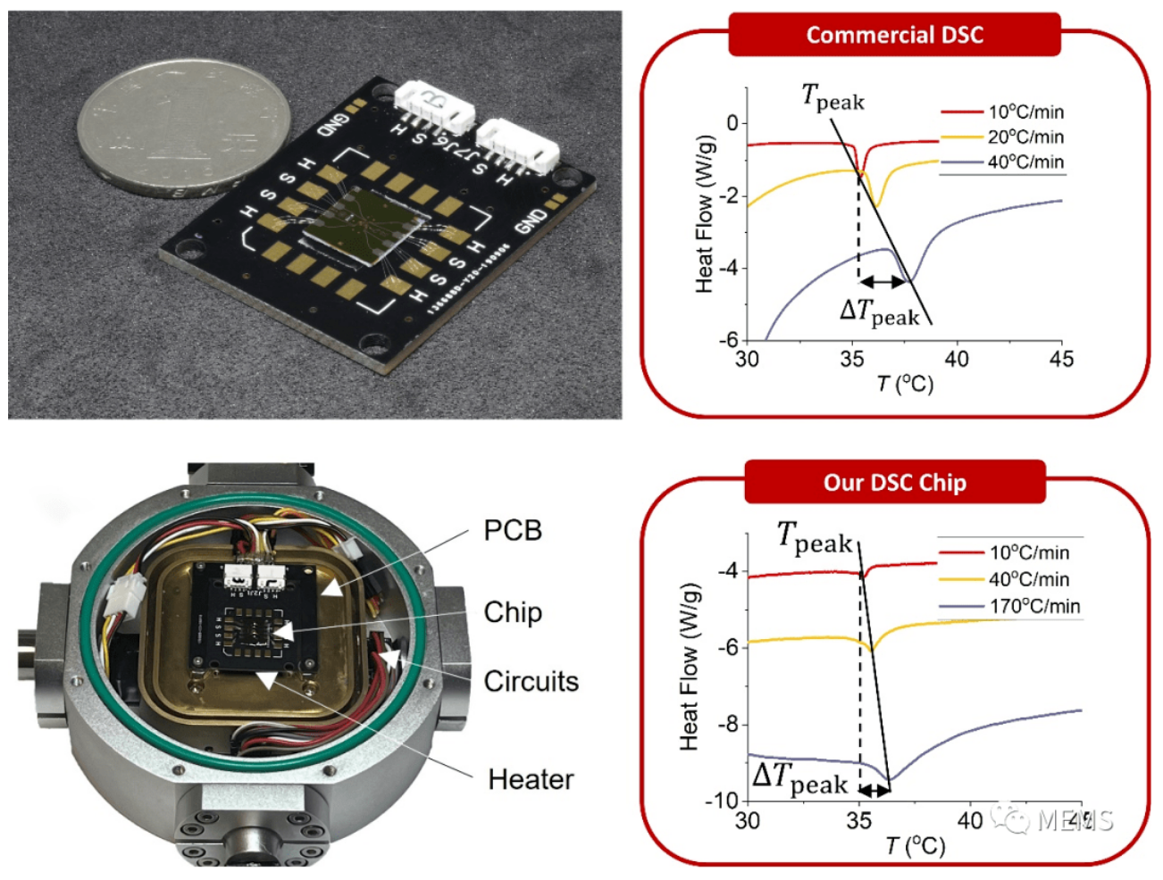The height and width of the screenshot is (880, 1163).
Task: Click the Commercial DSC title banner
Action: pyautogui.click(x=894, y=35)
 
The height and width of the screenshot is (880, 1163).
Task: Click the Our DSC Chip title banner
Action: pyautogui.click(x=894, y=483)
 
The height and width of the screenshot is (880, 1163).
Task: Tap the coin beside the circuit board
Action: pyautogui.click(x=184, y=129)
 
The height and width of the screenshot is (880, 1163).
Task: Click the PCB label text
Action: pyautogui.click(x=513, y=530)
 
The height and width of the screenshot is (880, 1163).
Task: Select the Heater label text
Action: pyautogui.click(x=531, y=779)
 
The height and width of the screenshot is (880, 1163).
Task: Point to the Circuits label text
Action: pyautogui.click(x=531, y=681)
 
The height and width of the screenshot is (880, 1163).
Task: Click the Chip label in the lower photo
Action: pyautogui.click(x=513, y=612)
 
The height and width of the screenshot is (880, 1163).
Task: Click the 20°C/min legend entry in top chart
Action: pyautogui.click(x=1025, y=137)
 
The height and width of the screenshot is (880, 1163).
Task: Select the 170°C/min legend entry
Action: pyautogui.click(x=1033, y=606)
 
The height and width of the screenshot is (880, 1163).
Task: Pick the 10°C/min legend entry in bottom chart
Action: pyautogui.click(x=1028, y=552)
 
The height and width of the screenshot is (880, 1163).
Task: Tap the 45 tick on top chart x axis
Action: pyautogui.click(x=1061, y=359)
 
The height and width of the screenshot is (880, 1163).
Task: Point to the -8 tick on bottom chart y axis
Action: pyautogui.click(x=727, y=724)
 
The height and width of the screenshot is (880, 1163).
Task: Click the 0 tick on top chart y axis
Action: pyautogui.click(x=733, y=122)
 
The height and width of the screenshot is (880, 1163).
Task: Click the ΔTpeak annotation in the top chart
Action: pyautogui.click(x=879, y=311)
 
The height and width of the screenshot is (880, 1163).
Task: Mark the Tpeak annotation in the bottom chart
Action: pyautogui.click(x=815, y=538)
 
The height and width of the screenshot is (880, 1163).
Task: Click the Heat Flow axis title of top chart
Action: pyautogui.click(x=705, y=214)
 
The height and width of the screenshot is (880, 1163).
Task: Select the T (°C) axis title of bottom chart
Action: pyautogui.click(x=915, y=845)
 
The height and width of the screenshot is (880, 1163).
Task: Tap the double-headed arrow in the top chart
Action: pyautogui.click(x=883, y=281)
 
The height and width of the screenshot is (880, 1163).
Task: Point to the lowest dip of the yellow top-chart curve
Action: pyautogui.click(x=877, y=206)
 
